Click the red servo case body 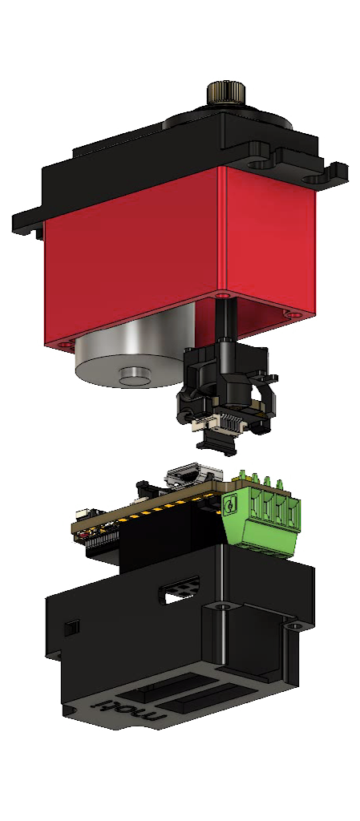pos(178,257)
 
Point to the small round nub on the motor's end pos(134,374)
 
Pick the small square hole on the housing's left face pos(72,627)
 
